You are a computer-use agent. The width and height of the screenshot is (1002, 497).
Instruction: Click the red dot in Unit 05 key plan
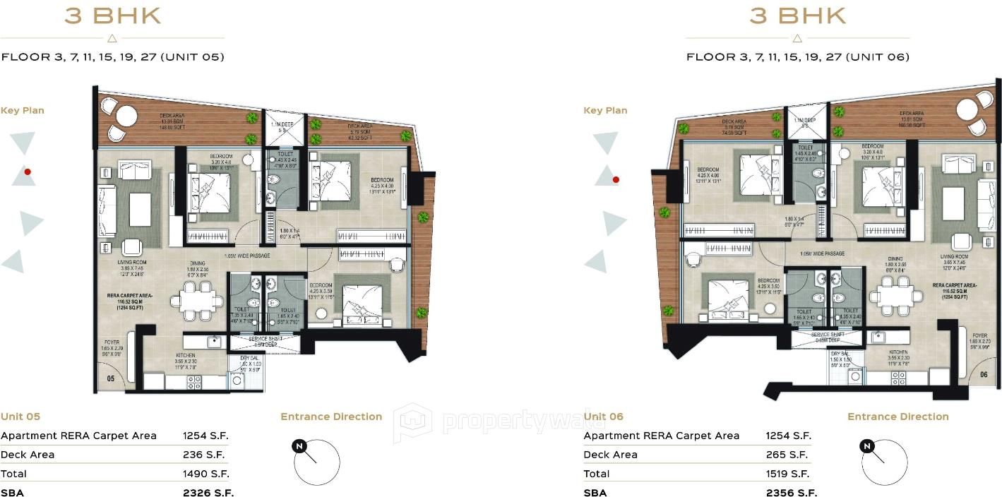28,172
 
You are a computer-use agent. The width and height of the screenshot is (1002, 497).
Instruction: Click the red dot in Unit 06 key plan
616,180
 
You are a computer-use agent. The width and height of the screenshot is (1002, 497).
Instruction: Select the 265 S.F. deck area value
787,455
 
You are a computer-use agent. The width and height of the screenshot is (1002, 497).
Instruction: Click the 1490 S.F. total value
205,474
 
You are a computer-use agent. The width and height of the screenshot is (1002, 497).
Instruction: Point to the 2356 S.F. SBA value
791,493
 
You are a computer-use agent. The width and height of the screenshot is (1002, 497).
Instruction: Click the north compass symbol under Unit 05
300,446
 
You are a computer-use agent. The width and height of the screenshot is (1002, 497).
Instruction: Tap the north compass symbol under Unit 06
867,446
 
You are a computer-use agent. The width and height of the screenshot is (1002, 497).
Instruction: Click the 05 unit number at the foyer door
110,378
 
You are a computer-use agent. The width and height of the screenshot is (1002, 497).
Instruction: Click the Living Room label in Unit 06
954,257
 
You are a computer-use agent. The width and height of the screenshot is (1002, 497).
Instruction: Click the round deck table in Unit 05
128,115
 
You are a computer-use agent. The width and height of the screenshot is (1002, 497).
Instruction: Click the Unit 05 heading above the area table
20,417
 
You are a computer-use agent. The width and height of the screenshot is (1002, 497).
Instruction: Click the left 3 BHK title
113,16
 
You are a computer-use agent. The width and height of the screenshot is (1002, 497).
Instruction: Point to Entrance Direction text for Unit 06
897,417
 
